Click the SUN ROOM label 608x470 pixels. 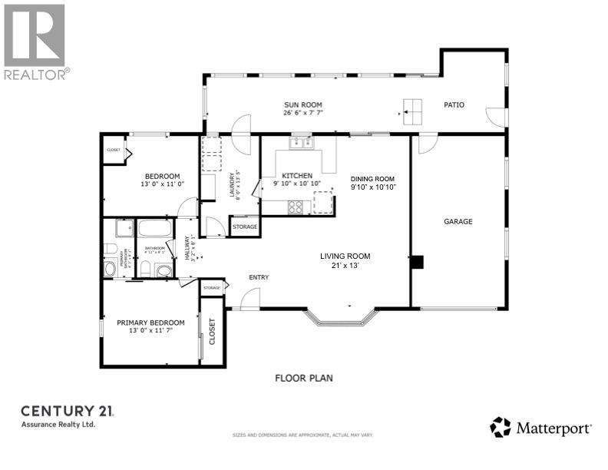tap(303, 104)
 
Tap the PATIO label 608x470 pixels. tap(454, 104)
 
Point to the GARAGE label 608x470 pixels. tap(458, 221)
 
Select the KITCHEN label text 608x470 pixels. tap(296, 175)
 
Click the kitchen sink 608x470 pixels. tap(300, 141)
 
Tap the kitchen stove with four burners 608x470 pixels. tap(295, 206)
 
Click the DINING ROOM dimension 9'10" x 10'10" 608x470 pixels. tap(373, 187)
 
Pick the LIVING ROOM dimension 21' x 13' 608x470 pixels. tap(345, 265)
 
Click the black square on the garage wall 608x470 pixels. tap(417, 262)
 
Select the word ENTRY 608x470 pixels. tap(257, 277)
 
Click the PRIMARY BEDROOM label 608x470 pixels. tap(150, 323)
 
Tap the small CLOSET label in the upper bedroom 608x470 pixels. tap(114, 150)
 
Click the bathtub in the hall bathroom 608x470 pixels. tap(156, 228)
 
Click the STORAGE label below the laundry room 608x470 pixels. tap(244, 227)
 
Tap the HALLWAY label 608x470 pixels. tap(187, 247)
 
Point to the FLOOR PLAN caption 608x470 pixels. tap(304, 378)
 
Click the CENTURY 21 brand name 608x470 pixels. tap(68, 411)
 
